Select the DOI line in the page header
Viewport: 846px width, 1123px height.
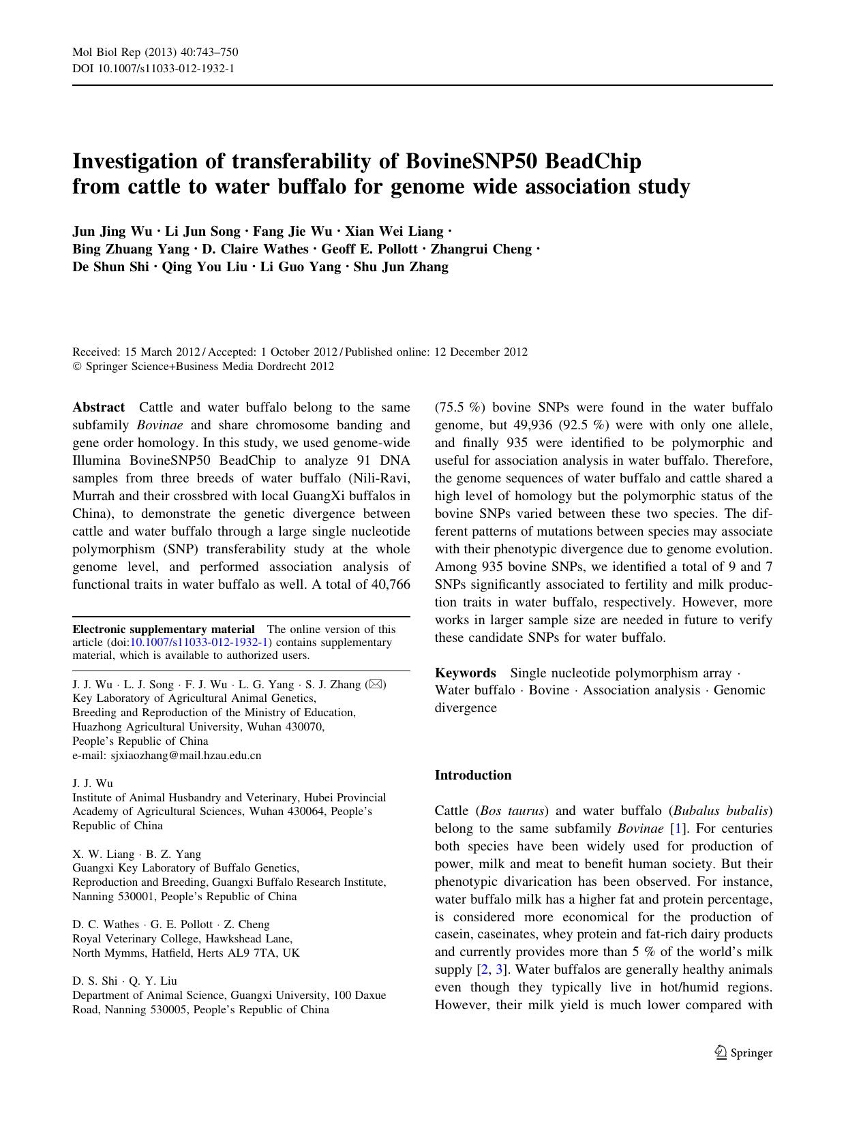[154, 68]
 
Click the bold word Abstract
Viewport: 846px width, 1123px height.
[99, 407]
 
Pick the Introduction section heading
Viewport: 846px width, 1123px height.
[472, 775]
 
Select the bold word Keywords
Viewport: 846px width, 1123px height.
[465, 673]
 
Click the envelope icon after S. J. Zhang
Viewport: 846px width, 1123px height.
[376, 684]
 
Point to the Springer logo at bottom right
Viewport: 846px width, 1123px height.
[744, 1053]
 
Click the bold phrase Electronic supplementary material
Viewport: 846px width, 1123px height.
[164, 629]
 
